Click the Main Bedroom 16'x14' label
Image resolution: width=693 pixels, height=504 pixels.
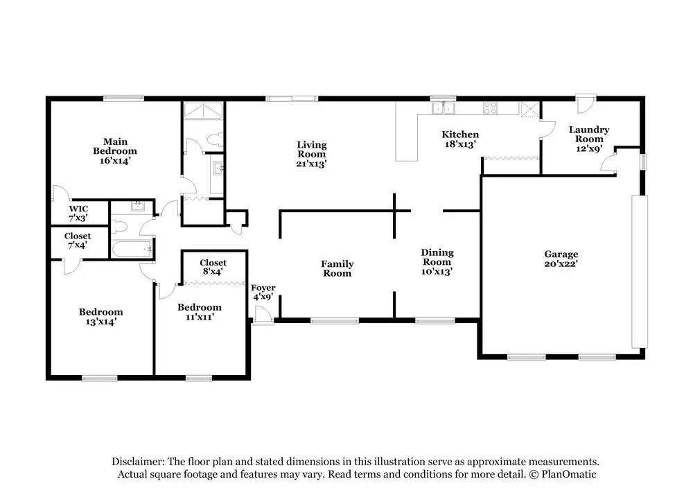tap(115, 150)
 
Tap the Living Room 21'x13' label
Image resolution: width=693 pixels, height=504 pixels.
tap(312, 154)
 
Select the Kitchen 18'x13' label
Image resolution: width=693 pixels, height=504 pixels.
tap(460, 139)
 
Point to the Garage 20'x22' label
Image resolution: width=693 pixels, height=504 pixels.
tap(561, 259)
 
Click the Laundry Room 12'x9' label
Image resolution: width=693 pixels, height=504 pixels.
tap(589, 139)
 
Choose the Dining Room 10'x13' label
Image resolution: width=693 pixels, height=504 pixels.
tap(437, 262)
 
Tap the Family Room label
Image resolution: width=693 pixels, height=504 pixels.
tap(337, 268)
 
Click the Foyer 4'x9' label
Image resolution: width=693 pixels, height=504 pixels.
tap(263, 293)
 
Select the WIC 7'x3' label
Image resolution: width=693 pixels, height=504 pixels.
tap(78, 213)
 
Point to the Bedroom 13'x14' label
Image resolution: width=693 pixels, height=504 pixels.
tap(100, 317)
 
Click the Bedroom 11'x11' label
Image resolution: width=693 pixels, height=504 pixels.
tap(200, 312)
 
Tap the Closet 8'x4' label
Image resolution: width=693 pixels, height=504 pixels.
tap(213, 267)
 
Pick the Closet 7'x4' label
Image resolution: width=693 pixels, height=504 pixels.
tap(78, 241)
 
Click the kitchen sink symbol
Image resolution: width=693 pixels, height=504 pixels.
tap(444, 107)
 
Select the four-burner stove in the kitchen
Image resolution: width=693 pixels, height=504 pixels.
tap(490, 108)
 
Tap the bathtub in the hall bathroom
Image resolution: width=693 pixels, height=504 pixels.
tap(132, 249)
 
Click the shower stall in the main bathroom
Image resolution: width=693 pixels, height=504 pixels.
tap(203, 110)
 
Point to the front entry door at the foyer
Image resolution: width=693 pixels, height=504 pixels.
tap(263, 316)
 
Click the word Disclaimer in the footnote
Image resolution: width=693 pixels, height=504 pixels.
tap(139, 462)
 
